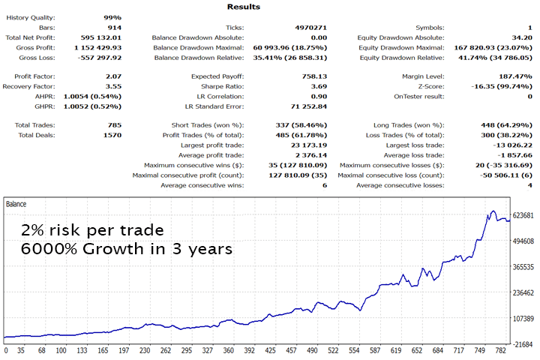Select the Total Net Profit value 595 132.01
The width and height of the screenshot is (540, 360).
point(100,37)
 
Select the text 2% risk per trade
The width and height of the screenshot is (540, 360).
point(93,229)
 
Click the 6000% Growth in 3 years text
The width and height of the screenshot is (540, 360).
point(125,248)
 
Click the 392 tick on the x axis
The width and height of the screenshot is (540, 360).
point(295,350)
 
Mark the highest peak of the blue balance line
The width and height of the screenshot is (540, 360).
point(493,211)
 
